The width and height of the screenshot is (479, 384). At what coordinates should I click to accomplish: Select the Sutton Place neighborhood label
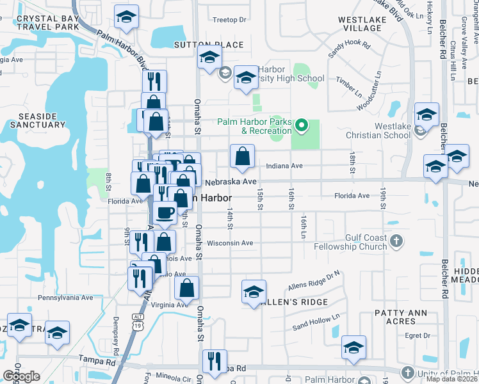[x=209, y=44]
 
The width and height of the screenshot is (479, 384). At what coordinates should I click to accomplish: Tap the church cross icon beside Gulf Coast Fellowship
[x=396, y=242]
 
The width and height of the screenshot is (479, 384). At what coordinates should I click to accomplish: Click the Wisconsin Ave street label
[x=230, y=243]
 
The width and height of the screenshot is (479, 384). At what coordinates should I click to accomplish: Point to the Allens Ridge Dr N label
[x=313, y=276]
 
